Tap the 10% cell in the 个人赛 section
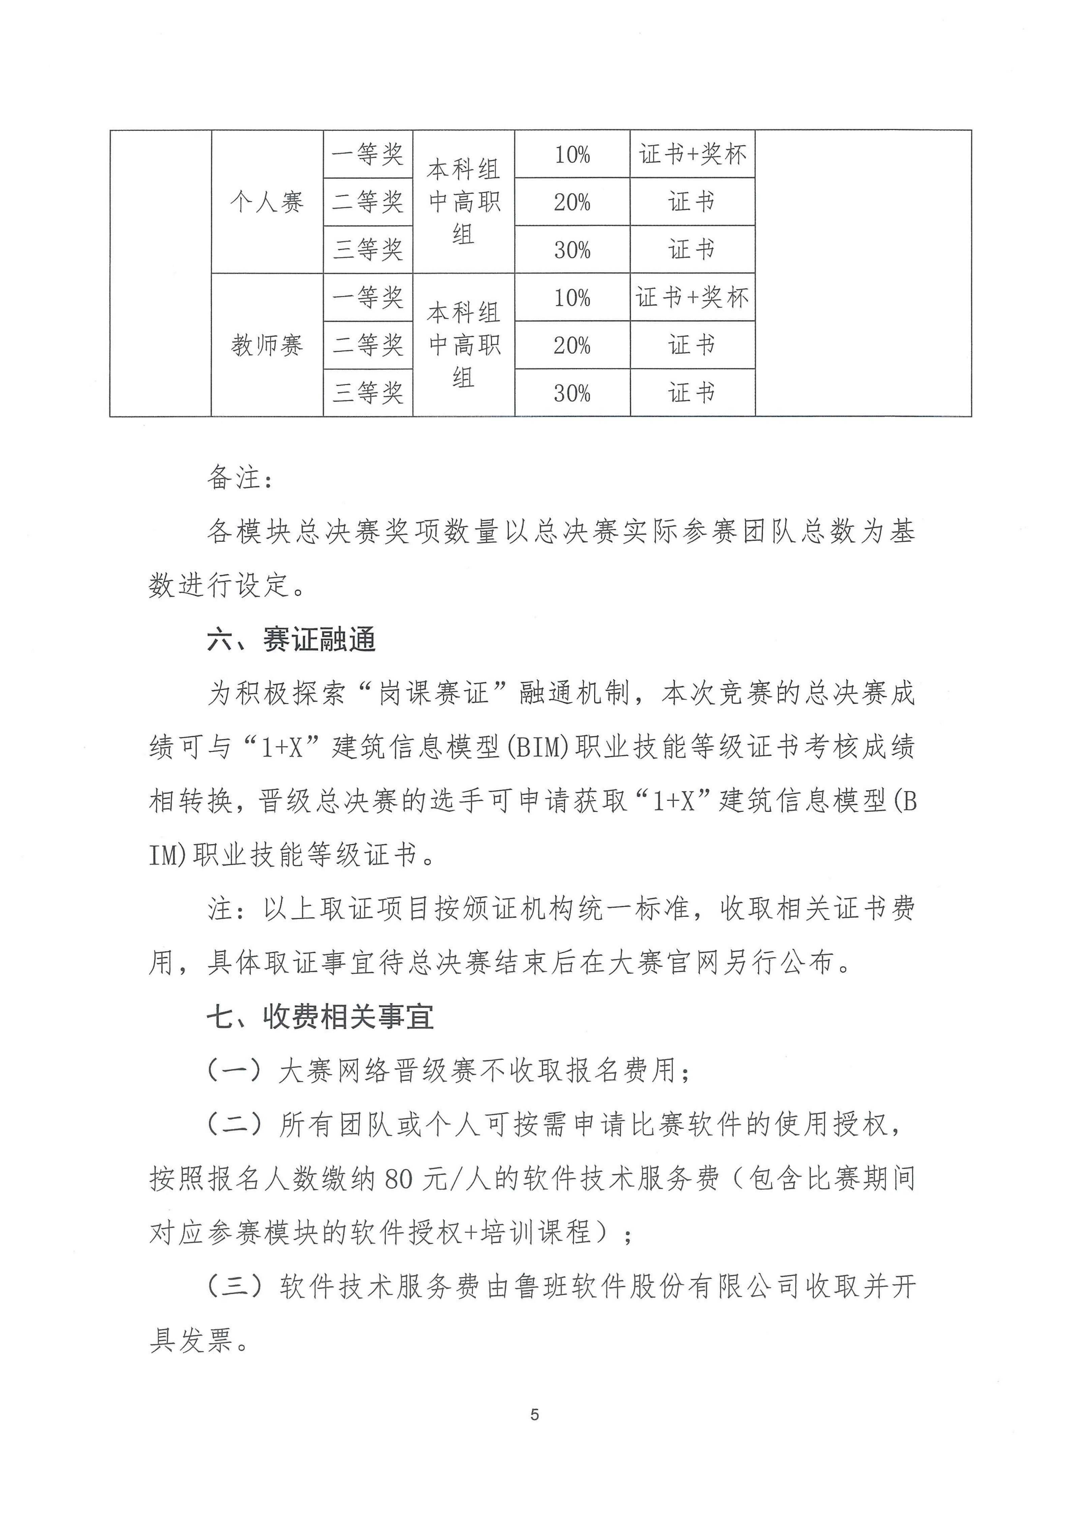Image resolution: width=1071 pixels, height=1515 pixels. pos(572,155)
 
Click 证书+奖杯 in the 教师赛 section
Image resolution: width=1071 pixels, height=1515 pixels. pos(692,298)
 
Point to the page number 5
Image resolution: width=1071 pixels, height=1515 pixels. pos(534,1415)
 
